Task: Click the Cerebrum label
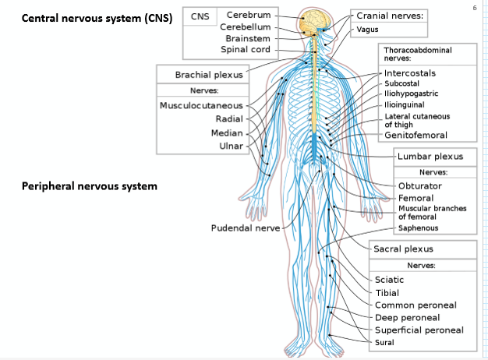(x=248, y=15)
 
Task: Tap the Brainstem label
(x=247, y=38)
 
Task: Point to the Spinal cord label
(x=245, y=50)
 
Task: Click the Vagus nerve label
(x=367, y=30)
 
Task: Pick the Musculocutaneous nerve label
(x=201, y=105)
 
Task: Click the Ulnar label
(x=231, y=146)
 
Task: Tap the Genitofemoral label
(x=416, y=136)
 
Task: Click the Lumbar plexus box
(x=430, y=157)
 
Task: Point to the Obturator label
(x=419, y=186)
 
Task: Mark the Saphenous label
(x=418, y=228)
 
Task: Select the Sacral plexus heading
(x=403, y=249)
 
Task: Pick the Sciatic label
(x=389, y=280)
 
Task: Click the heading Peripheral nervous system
(x=90, y=186)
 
